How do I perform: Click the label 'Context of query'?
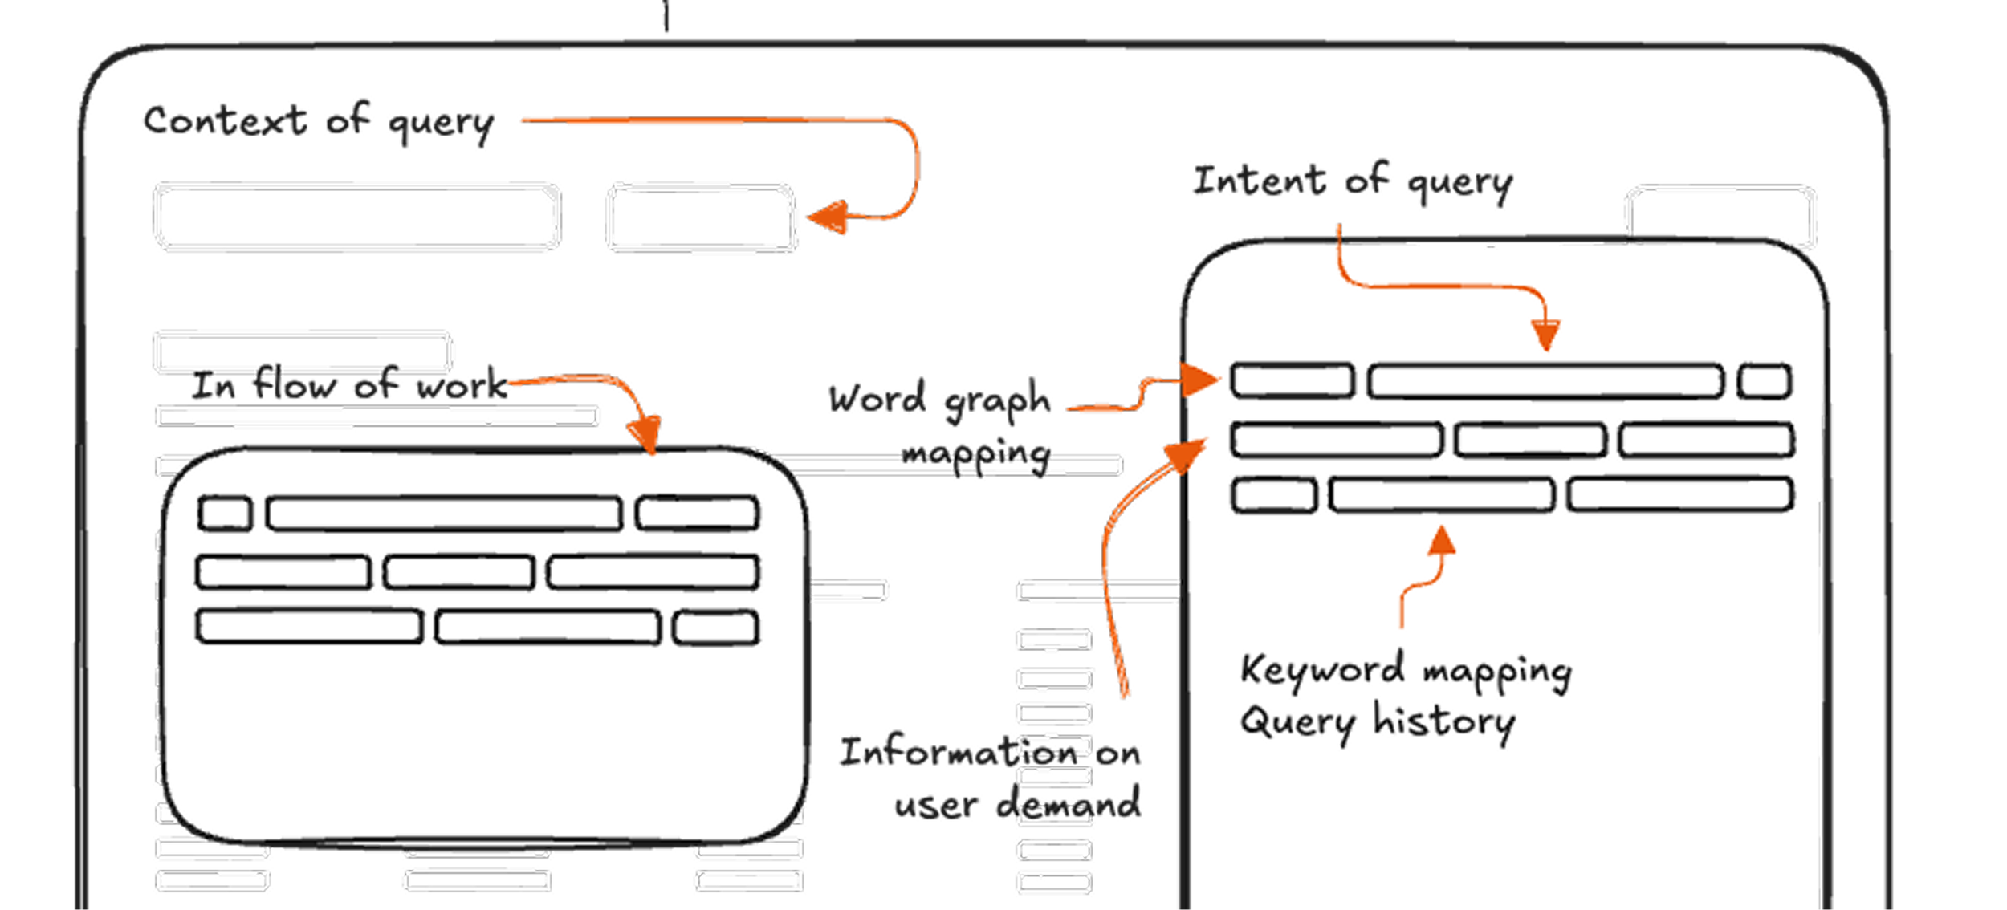tap(319, 123)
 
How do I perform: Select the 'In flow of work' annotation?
tap(349, 388)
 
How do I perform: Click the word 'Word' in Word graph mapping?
tap(877, 399)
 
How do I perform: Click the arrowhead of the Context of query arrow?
tap(827, 217)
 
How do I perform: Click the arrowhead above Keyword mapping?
tap(1442, 541)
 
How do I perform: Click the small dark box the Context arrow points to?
tap(701, 218)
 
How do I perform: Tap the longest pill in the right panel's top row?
tap(1545, 381)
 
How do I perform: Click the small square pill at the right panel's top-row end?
tap(1765, 381)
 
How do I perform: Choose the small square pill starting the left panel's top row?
tap(225, 514)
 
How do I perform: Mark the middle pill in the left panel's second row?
tap(458, 573)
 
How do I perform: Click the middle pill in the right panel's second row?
tap(1530, 441)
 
